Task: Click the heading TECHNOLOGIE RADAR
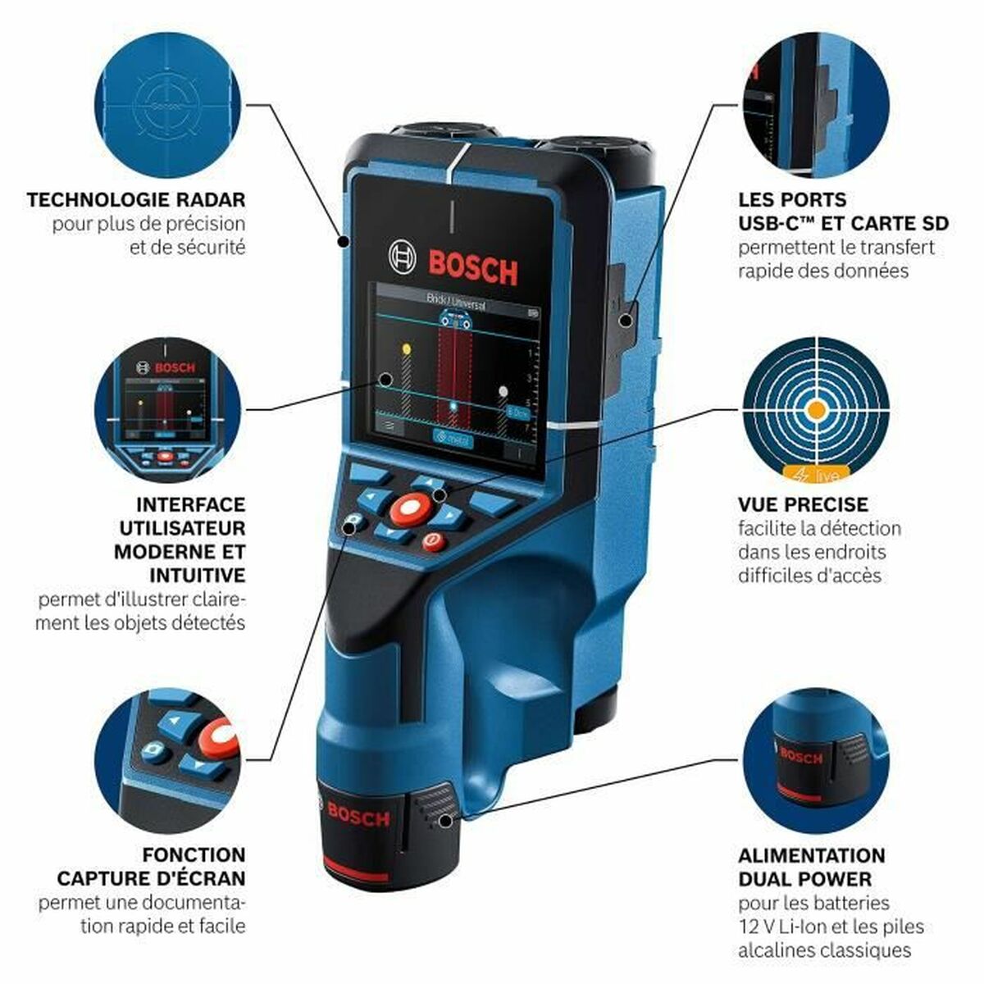[136, 199]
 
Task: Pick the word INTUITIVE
[197, 575]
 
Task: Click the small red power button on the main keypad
[432, 541]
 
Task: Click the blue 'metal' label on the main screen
[453, 438]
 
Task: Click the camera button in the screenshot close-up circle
[153, 750]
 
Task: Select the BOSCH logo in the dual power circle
[801, 754]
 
